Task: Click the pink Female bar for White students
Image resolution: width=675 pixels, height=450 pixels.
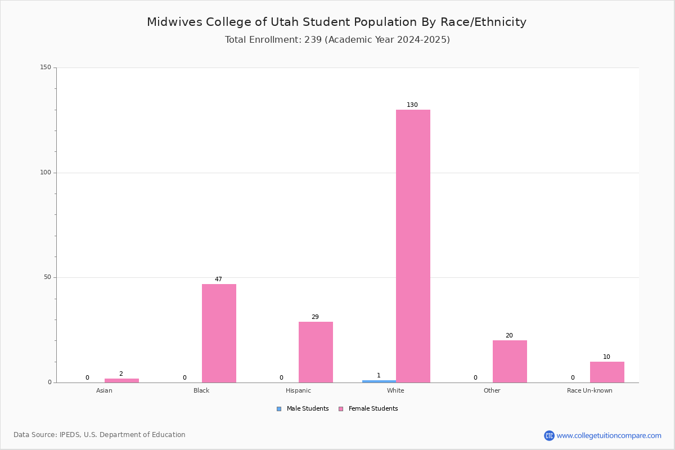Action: pos(413,246)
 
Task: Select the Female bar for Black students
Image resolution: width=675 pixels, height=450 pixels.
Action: pos(219,334)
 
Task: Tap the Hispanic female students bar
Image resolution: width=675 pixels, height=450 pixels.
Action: pos(316,352)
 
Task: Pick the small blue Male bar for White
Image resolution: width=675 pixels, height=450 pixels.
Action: pos(379,381)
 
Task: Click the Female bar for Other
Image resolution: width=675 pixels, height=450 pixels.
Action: pos(510,361)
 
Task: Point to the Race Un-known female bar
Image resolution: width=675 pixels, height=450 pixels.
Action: pos(607,372)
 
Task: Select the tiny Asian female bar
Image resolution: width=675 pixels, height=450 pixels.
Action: pos(121,380)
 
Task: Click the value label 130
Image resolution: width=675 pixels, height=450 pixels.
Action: pos(412,105)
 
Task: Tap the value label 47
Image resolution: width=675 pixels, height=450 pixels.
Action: pos(218,279)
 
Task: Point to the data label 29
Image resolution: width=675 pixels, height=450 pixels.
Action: pos(315,317)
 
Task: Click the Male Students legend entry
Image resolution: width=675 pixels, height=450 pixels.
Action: pos(303,408)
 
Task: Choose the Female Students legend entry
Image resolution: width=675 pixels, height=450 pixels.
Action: pos(368,408)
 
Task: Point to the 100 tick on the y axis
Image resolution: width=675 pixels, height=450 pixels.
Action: pos(46,172)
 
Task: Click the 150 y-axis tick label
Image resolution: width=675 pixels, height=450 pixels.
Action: pos(46,67)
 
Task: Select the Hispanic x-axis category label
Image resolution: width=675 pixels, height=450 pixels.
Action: pos(298,390)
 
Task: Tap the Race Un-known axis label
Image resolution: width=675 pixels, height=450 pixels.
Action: pos(589,390)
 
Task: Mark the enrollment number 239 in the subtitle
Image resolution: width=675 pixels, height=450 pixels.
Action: pos(313,39)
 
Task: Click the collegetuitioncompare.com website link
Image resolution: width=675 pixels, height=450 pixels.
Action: pos(609,435)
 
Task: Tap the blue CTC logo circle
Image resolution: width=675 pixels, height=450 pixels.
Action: pos(549,435)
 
